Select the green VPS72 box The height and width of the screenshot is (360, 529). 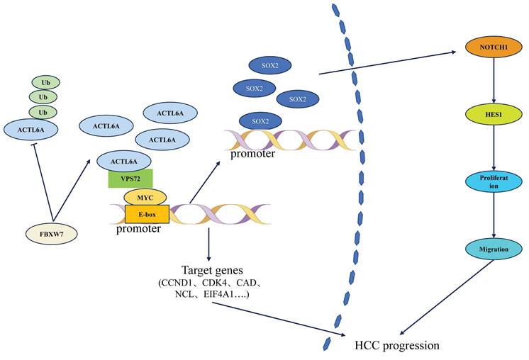[130, 178]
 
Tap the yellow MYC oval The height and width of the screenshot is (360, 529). [145, 196]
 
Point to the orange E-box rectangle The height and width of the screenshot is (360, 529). [147, 213]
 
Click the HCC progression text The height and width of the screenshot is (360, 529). [397, 345]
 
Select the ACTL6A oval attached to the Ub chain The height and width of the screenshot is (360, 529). [32, 128]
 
